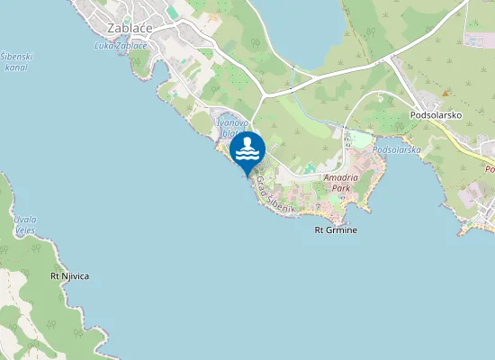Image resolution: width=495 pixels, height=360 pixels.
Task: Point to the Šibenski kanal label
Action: pyautogui.click(x=17, y=62)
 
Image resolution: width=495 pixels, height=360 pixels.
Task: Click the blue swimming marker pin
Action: pyautogui.click(x=247, y=151)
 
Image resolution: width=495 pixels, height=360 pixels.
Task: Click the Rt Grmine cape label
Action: pyautogui.click(x=336, y=230)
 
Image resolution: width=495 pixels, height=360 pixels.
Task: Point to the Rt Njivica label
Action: pyautogui.click(x=69, y=276)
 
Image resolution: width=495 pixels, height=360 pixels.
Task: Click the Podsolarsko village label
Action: pyautogui.click(x=436, y=115)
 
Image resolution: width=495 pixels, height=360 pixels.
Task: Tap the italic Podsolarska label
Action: pyautogui.click(x=397, y=149)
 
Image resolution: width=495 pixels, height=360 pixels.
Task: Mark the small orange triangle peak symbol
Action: pyautogui.click(x=445, y=92)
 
